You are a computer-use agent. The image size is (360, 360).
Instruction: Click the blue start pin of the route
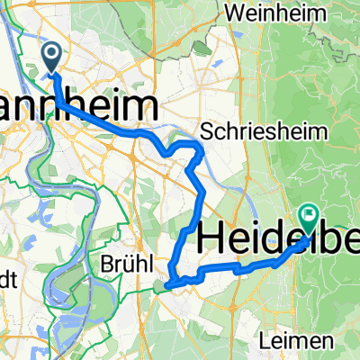pyautogui.click(x=50, y=58)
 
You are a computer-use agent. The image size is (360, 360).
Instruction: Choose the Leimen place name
pyautogui.click(x=305, y=342)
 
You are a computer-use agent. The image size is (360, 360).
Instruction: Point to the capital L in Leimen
pyautogui.click(x=283, y=342)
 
